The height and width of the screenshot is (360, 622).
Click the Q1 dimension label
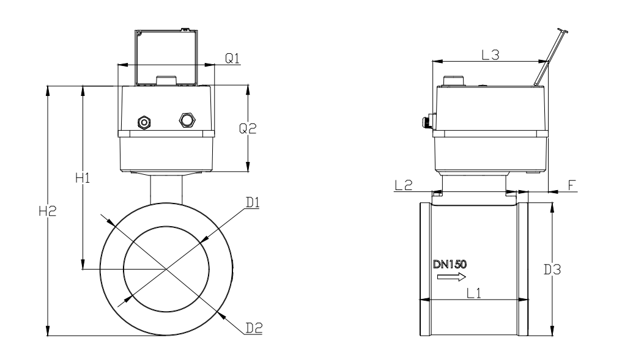pyautogui.click(x=232, y=58)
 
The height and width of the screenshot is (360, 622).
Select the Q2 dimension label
pyautogui.click(x=248, y=128)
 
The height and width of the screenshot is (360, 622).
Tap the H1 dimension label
pyautogui.click(x=83, y=178)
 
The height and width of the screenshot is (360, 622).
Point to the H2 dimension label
pyautogui.click(x=48, y=211)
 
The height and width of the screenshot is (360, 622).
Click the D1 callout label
pyautogui.click(x=253, y=202)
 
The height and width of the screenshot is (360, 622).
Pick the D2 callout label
pyautogui.click(x=254, y=328)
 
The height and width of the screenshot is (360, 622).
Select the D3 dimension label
pyautogui.click(x=552, y=270)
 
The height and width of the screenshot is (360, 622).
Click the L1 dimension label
pyautogui.click(x=473, y=293)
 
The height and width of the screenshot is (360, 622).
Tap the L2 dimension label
pyautogui.click(x=404, y=185)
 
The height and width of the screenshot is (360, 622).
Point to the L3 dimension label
pyautogui.click(x=491, y=55)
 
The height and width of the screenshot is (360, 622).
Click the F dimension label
pyautogui.click(x=572, y=185)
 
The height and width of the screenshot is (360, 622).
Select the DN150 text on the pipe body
pyautogui.click(x=450, y=264)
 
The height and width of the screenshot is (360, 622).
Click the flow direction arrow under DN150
pyautogui.click(x=451, y=277)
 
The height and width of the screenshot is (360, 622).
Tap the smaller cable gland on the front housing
pyautogui.click(x=144, y=122)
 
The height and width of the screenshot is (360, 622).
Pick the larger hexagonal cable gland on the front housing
pyautogui.click(x=187, y=120)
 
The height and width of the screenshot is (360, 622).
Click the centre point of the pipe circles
pyautogui.click(x=166, y=270)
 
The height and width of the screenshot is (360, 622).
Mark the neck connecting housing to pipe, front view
pyautogui.click(x=166, y=189)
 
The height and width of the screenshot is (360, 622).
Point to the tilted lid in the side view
pyautogui.click(x=550, y=57)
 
